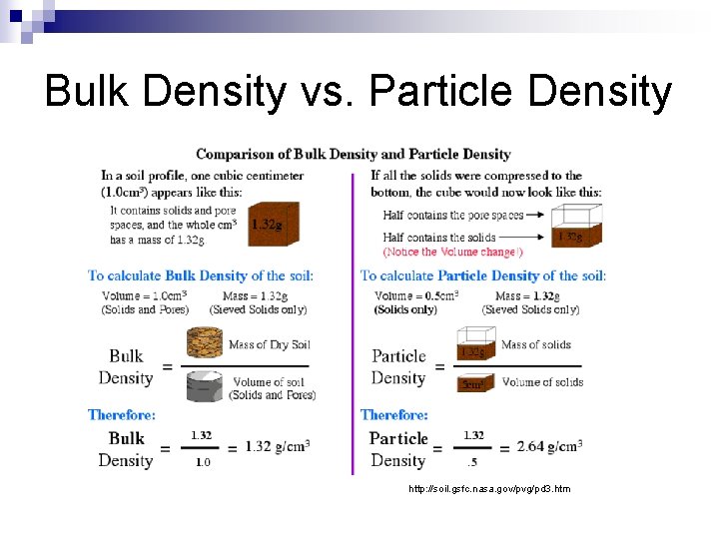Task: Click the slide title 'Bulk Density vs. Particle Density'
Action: (359, 92)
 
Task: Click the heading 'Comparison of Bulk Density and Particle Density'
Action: (353, 154)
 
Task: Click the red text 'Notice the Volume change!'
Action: (452, 252)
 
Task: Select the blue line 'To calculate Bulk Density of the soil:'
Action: (200, 275)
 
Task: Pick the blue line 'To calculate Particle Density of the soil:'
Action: (482, 275)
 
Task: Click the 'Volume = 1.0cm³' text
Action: (144, 295)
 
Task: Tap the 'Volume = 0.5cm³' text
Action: (416, 295)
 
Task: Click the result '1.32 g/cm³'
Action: (277, 446)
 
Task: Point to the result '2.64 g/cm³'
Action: (548, 446)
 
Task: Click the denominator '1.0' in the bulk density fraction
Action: (202, 462)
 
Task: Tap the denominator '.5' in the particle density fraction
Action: (473, 462)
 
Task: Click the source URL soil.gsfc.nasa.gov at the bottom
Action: (489, 489)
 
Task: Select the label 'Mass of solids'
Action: (536, 344)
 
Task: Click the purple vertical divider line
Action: (352, 319)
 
